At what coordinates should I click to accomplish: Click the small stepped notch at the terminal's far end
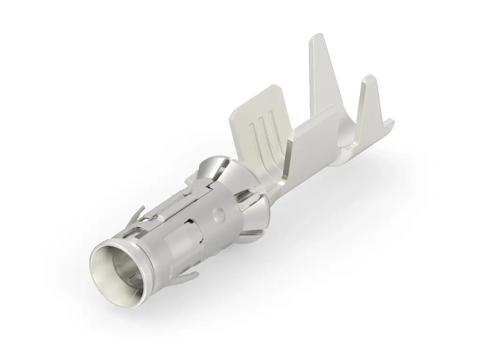[389, 124]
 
